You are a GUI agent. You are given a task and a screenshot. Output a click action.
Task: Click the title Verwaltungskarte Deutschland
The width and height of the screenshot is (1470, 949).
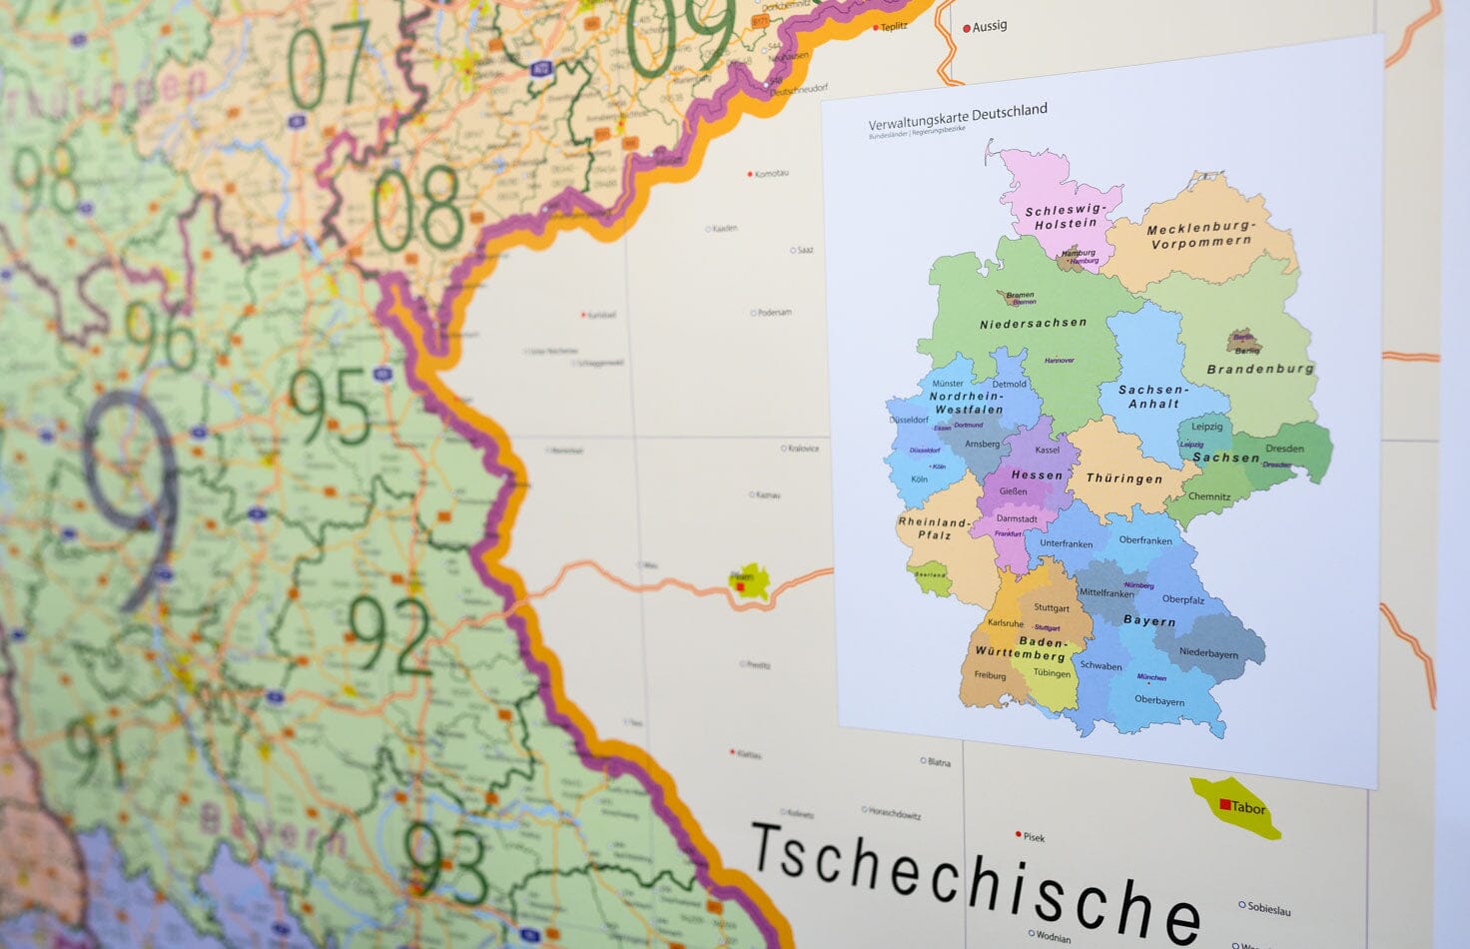tap(957, 117)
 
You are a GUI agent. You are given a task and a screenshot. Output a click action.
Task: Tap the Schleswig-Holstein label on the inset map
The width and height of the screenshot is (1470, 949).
tap(1066, 217)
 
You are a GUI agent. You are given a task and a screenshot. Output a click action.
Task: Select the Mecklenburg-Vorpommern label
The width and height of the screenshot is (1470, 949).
tap(1200, 235)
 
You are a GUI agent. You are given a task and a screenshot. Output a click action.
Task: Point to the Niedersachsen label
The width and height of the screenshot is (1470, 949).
tap(1033, 324)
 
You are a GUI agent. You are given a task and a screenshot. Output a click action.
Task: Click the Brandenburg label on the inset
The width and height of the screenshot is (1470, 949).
tap(1260, 369)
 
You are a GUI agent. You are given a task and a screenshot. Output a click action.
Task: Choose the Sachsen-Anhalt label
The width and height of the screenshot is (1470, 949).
tap(1153, 397)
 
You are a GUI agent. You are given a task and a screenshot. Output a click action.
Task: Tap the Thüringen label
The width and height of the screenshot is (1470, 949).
tap(1123, 478)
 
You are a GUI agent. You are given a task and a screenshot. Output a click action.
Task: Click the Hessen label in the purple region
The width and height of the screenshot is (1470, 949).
tap(1037, 475)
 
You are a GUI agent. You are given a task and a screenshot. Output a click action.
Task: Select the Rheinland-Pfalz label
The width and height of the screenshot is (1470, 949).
tap(934, 528)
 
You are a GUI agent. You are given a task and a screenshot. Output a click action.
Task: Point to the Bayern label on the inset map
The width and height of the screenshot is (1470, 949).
tap(1149, 620)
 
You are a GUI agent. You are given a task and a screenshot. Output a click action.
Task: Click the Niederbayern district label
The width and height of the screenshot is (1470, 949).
tap(1208, 653)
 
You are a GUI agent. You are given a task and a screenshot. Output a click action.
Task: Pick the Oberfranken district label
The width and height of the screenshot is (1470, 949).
tap(1145, 540)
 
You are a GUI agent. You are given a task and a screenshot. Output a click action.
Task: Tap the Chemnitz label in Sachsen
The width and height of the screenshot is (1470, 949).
tap(1209, 496)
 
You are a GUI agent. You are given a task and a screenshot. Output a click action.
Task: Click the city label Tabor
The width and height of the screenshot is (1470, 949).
tap(1247, 807)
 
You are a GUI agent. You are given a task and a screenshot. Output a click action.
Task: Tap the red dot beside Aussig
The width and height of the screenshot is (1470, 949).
tap(967, 29)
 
